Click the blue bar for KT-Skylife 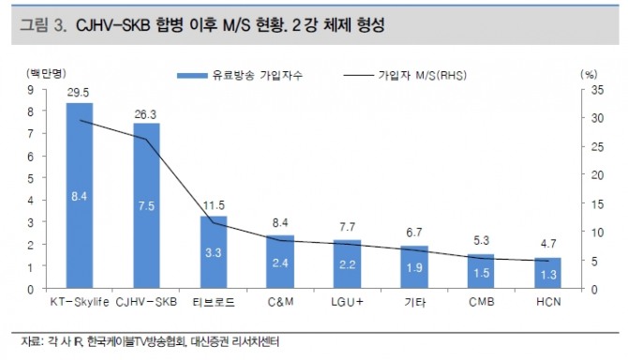80,195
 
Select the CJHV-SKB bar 146,205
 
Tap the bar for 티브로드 214,252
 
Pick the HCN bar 548,273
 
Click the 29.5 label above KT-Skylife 78,93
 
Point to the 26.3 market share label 145,115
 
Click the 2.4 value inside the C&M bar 280,262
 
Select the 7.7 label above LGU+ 347,228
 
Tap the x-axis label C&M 281,302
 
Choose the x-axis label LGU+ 347,302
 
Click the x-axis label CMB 482,302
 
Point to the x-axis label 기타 414,302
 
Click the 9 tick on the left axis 31,90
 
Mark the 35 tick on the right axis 597,90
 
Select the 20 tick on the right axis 597,175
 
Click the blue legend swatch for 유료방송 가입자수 192,75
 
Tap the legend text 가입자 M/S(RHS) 423,75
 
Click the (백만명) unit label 46,73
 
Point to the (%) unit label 589,74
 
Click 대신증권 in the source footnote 209,342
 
